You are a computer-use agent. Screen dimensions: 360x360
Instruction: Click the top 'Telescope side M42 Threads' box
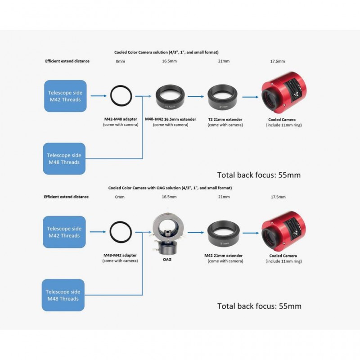pyautogui.click(x=65, y=96)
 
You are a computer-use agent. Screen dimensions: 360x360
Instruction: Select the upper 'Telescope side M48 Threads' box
pyautogui.click(x=64, y=159)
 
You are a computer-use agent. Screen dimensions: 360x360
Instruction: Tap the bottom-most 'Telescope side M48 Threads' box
pyautogui.click(x=63, y=295)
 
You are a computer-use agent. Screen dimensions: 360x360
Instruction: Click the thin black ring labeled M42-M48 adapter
pyautogui.click(x=110, y=96)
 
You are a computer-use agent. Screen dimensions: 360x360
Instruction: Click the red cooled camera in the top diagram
pyautogui.click(x=284, y=93)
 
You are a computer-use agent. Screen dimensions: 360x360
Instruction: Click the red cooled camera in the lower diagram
pyautogui.click(x=283, y=231)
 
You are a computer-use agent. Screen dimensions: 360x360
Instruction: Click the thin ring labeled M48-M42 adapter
pyautogui.click(x=110, y=232)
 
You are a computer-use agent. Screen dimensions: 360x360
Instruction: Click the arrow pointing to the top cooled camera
pyautogui.click(x=250, y=97)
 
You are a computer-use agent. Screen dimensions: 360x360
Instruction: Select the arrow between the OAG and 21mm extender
pyautogui.click(x=196, y=233)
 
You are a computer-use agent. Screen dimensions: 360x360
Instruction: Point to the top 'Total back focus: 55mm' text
pyautogui.click(x=259, y=175)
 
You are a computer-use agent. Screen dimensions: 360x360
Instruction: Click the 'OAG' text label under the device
pyautogui.click(x=167, y=260)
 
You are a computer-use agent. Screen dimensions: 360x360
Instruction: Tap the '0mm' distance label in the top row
pyautogui.click(x=120, y=61)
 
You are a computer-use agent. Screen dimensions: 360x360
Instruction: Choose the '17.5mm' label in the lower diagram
pyautogui.click(x=278, y=197)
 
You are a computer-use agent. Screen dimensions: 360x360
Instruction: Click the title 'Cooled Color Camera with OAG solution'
pyautogui.click(x=170, y=188)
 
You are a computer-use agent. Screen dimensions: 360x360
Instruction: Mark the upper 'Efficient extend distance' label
pyautogui.click(x=67, y=61)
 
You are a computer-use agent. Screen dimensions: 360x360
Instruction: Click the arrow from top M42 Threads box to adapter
pyautogui.click(x=99, y=96)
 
